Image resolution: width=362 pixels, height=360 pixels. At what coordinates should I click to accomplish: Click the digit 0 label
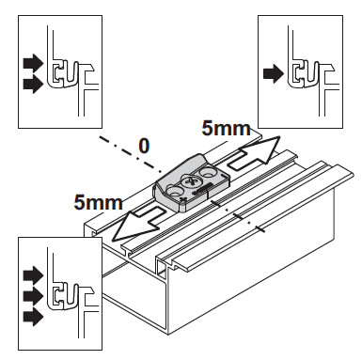tap(144, 146)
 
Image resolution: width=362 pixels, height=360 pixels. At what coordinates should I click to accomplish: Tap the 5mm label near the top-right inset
tap(226, 129)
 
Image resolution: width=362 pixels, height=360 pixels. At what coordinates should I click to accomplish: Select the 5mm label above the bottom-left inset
tap(99, 202)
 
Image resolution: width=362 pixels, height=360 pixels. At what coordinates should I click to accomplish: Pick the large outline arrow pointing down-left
tap(139, 223)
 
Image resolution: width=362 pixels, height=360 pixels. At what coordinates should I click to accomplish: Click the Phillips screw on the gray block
tap(191, 181)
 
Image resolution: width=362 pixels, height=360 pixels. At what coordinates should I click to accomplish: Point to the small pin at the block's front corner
tap(183, 199)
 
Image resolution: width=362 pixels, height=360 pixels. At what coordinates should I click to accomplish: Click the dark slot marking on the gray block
tap(201, 190)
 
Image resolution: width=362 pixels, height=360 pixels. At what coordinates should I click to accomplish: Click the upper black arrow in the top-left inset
tap(33, 63)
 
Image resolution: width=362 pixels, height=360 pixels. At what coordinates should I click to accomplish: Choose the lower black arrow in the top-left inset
tap(33, 85)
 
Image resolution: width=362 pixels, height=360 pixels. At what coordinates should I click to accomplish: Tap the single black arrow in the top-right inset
tap(274, 74)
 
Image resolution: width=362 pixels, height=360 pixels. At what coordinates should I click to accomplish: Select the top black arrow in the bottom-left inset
tap(33, 275)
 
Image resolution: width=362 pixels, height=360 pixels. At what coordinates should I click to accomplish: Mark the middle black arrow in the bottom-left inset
tap(33, 296)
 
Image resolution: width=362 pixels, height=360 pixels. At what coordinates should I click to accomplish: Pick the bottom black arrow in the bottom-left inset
tap(33, 318)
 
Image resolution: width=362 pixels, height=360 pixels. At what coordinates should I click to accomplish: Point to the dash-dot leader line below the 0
tap(131, 154)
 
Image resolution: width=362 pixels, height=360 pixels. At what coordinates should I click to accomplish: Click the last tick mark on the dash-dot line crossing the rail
tap(260, 229)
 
